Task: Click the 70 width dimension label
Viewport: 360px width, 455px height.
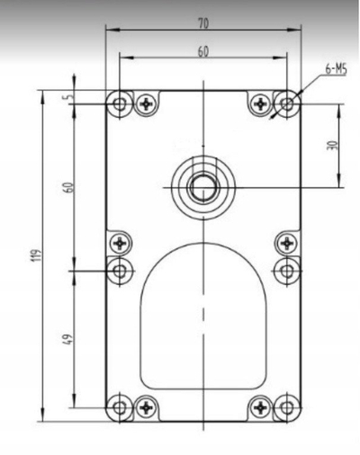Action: coord(203,23)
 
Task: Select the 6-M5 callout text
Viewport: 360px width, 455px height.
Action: coord(336,70)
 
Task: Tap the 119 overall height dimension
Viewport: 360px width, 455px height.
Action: coord(37,255)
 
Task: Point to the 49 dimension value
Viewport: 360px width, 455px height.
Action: coord(68,339)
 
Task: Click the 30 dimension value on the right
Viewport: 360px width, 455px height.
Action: coord(333,146)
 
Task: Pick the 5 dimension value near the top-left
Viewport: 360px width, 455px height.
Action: coord(69,97)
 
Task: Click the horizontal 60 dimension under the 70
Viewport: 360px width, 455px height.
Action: coord(203,52)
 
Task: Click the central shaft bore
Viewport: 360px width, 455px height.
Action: coord(203,188)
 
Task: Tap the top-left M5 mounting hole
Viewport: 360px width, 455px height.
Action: coord(120,104)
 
